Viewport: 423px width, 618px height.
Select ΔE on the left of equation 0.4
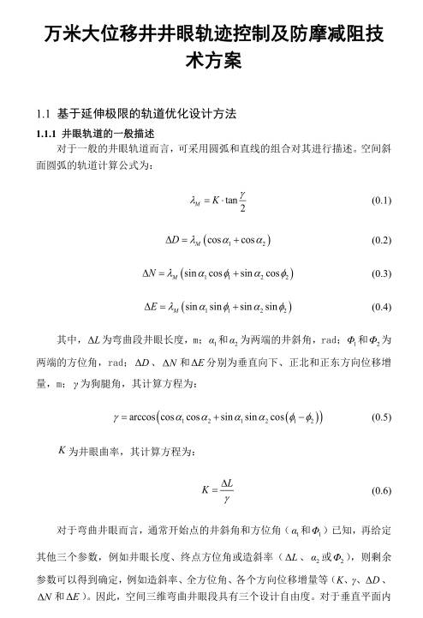(x=146, y=306)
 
